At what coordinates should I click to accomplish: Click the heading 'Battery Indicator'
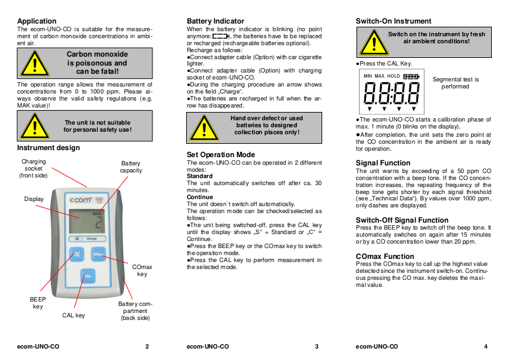(x=215, y=21)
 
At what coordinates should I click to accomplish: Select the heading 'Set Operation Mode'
(x=221, y=155)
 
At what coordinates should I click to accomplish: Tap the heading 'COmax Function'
(x=385, y=256)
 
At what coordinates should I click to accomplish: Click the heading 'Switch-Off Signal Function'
(x=402, y=220)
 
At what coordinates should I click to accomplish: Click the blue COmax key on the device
(x=98, y=254)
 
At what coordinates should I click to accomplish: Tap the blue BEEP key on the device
(x=74, y=254)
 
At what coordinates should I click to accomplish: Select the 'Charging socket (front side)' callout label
(x=34, y=169)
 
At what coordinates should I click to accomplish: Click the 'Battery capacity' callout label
(x=131, y=167)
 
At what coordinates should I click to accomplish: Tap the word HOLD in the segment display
(x=394, y=76)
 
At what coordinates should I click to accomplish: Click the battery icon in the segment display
(x=411, y=76)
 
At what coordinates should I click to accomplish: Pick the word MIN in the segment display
(x=368, y=76)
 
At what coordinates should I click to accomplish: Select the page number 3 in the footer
(x=316, y=347)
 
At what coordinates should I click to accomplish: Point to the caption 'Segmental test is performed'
(x=455, y=83)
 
